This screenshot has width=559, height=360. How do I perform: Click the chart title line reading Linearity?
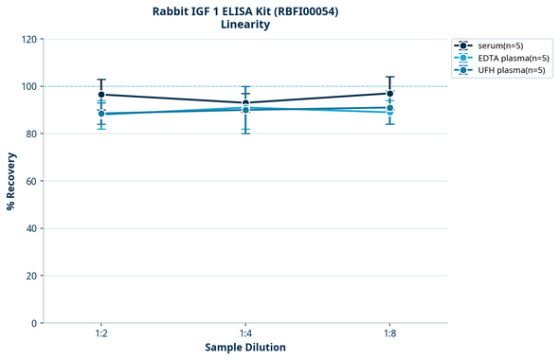(245, 25)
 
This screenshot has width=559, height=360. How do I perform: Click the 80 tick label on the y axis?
(30, 135)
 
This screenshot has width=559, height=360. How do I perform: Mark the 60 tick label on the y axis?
(30, 181)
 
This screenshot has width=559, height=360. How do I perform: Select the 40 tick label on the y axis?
(30, 228)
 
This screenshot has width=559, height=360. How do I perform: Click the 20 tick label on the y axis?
(30, 276)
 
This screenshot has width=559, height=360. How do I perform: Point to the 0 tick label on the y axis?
(33, 323)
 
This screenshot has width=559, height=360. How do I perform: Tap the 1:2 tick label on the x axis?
(101, 334)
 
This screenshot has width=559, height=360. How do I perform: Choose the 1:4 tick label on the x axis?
(245, 334)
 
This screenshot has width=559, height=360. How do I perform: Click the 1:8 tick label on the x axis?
(389, 334)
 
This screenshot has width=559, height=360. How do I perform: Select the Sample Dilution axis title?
(245, 348)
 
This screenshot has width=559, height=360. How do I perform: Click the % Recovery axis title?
(11, 181)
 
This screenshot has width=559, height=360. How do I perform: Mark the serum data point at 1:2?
(101, 95)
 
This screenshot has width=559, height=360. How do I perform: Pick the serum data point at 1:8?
(389, 94)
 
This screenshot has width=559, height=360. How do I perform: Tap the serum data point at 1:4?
(245, 103)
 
